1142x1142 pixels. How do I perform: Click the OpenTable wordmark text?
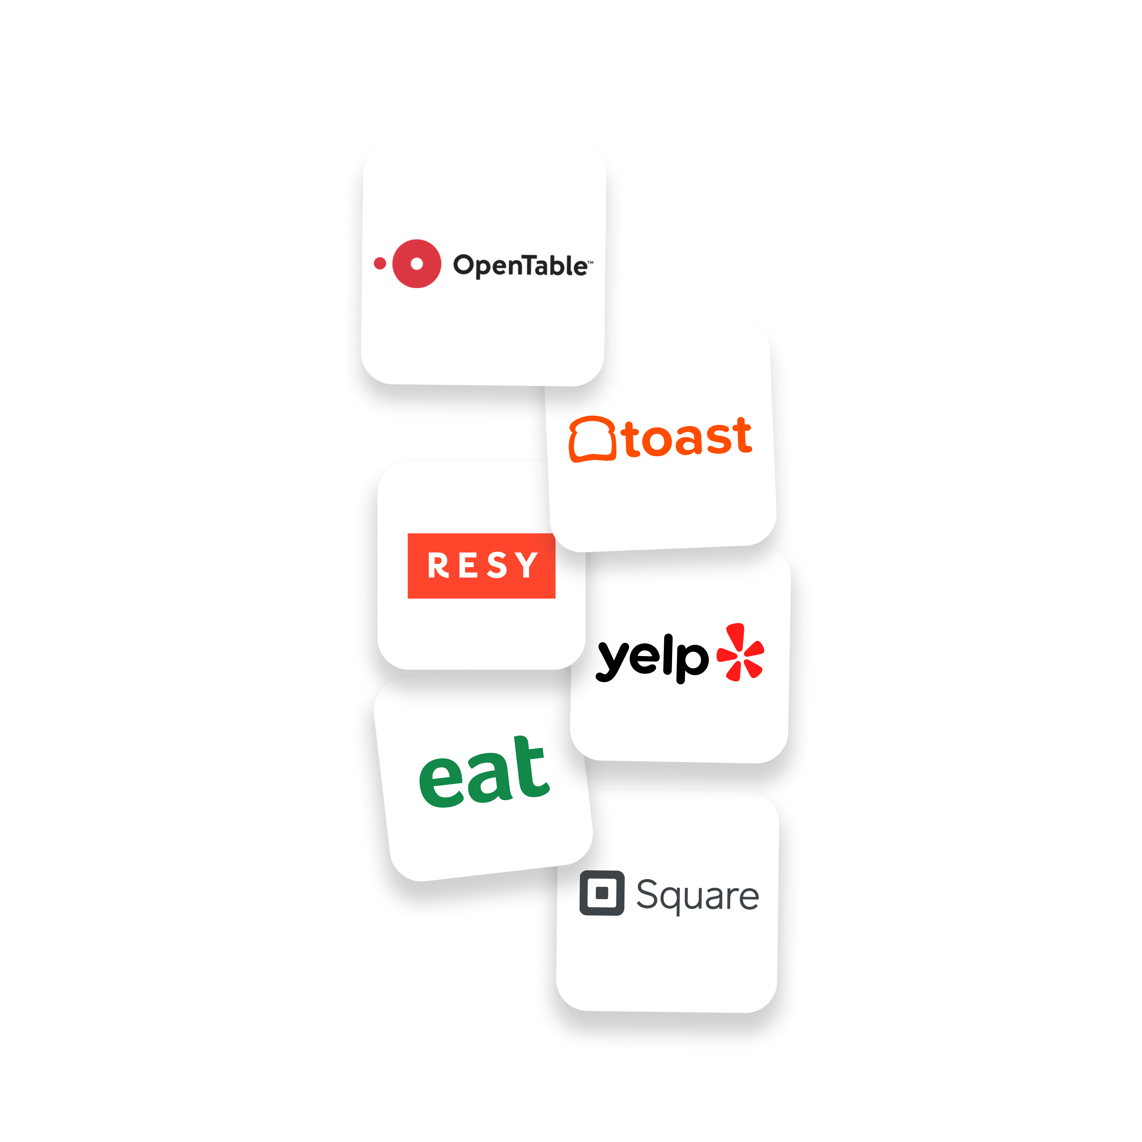point(520,266)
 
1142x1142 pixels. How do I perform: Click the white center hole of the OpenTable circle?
point(417,264)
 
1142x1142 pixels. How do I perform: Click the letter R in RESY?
point(438,566)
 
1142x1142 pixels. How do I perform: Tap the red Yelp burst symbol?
point(740,652)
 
